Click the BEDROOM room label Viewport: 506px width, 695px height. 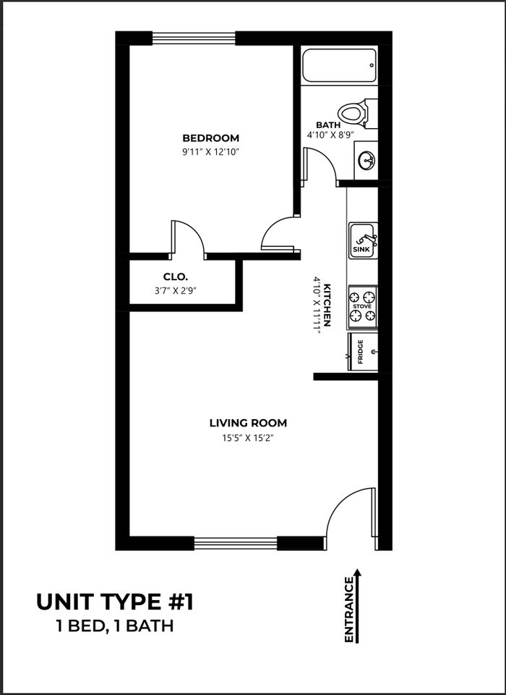(x=210, y=138)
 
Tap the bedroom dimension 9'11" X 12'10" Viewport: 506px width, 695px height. (x=210, y=151)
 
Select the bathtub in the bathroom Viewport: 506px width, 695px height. (x=339, y=65)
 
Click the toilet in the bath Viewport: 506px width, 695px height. (x=356, y=113)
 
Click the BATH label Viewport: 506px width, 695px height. (x=328, y=125)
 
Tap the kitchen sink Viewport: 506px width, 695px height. (x=363, y=240)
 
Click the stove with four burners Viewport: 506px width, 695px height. (x=362, y=306)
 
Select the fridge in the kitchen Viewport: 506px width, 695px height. (x=364, y=351)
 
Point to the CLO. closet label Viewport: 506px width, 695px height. (x=176, y=277)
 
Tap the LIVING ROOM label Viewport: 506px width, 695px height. (x=248, y=423)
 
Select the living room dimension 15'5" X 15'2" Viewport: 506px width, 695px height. (x=248, y=437)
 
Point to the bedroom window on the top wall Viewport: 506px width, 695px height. (x=194, y=38)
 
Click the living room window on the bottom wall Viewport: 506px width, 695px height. (x=236, y=543)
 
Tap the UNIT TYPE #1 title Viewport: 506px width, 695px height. (x=115, y=602)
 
